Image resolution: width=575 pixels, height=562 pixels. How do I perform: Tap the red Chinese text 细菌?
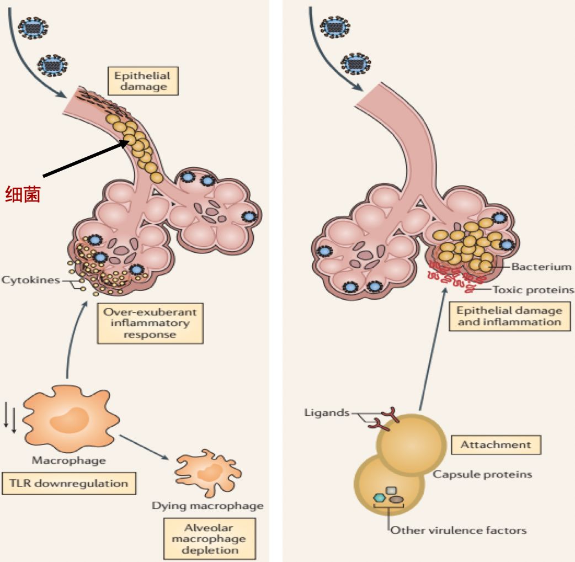coord(23,194)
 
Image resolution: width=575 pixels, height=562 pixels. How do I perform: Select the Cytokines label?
coord(30,280)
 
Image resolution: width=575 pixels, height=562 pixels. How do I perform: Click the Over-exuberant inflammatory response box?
coord(150,323)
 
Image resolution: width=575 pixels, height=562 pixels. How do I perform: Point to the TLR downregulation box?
coord(68,483)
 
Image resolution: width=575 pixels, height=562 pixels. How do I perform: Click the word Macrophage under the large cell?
coord(68,460)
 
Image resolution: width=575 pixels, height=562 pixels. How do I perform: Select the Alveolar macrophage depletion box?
coord(209,538)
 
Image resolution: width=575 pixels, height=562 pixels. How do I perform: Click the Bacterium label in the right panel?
coord(541,267)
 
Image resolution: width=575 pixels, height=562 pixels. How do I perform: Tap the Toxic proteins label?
coord(533,289)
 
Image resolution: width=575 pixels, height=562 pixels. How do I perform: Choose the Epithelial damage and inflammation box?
coord(509,316)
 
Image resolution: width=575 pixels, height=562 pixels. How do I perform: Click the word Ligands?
coord(327,412)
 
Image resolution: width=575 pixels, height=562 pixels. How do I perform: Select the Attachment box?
coord(496,444)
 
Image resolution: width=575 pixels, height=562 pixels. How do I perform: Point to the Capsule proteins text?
coord(482,474)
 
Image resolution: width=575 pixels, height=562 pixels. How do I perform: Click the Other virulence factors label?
coord(458,531)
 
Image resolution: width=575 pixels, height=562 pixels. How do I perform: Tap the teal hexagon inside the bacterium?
coord(379,498)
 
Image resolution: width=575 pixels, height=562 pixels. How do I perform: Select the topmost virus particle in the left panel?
coord(33,26)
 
